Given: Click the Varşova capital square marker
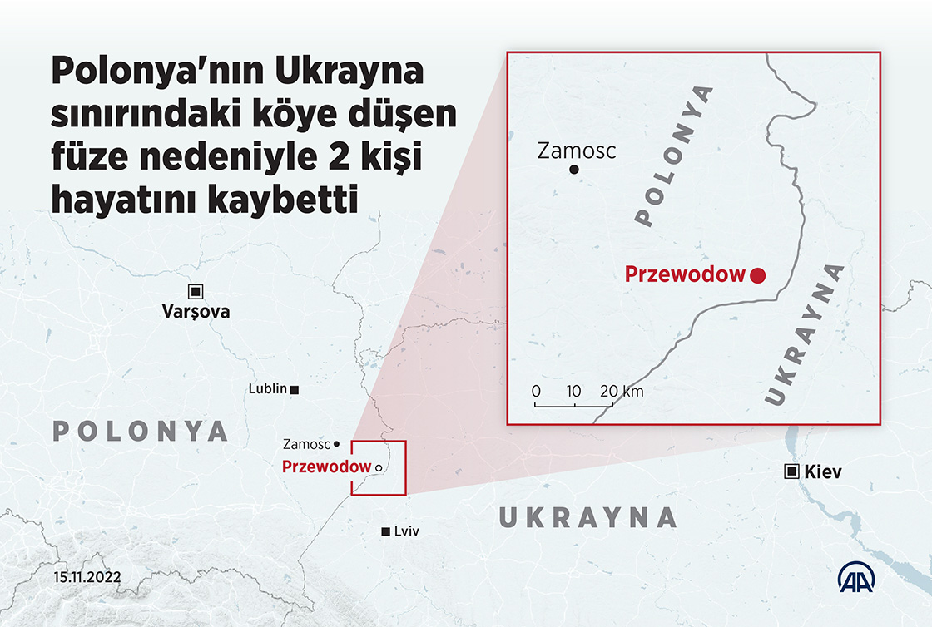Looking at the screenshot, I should coord(196,291).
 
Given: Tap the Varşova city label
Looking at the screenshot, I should coord(196,312).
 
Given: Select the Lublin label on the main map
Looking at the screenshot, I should coord(268,388).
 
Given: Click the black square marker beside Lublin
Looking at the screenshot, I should coord(295,388).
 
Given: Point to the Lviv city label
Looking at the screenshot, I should coord(406,531).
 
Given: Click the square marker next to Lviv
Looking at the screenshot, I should coord(385,531).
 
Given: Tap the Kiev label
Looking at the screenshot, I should coord(824,472).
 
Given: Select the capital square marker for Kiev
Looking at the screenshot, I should coord(793,471).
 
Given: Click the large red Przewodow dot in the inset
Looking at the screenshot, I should coord(757,276).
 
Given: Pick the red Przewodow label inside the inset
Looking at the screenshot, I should coord(685,274).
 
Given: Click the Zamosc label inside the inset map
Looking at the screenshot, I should coord(577,151).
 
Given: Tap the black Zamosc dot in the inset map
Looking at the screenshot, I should coord(573,170).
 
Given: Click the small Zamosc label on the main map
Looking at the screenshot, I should coord(306,444).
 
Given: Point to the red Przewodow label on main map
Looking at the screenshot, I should coord(326,467).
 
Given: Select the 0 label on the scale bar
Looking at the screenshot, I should coord(536,391).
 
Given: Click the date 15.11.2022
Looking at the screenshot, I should coord(88,576).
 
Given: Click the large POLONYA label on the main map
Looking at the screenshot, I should coord(140,431).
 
